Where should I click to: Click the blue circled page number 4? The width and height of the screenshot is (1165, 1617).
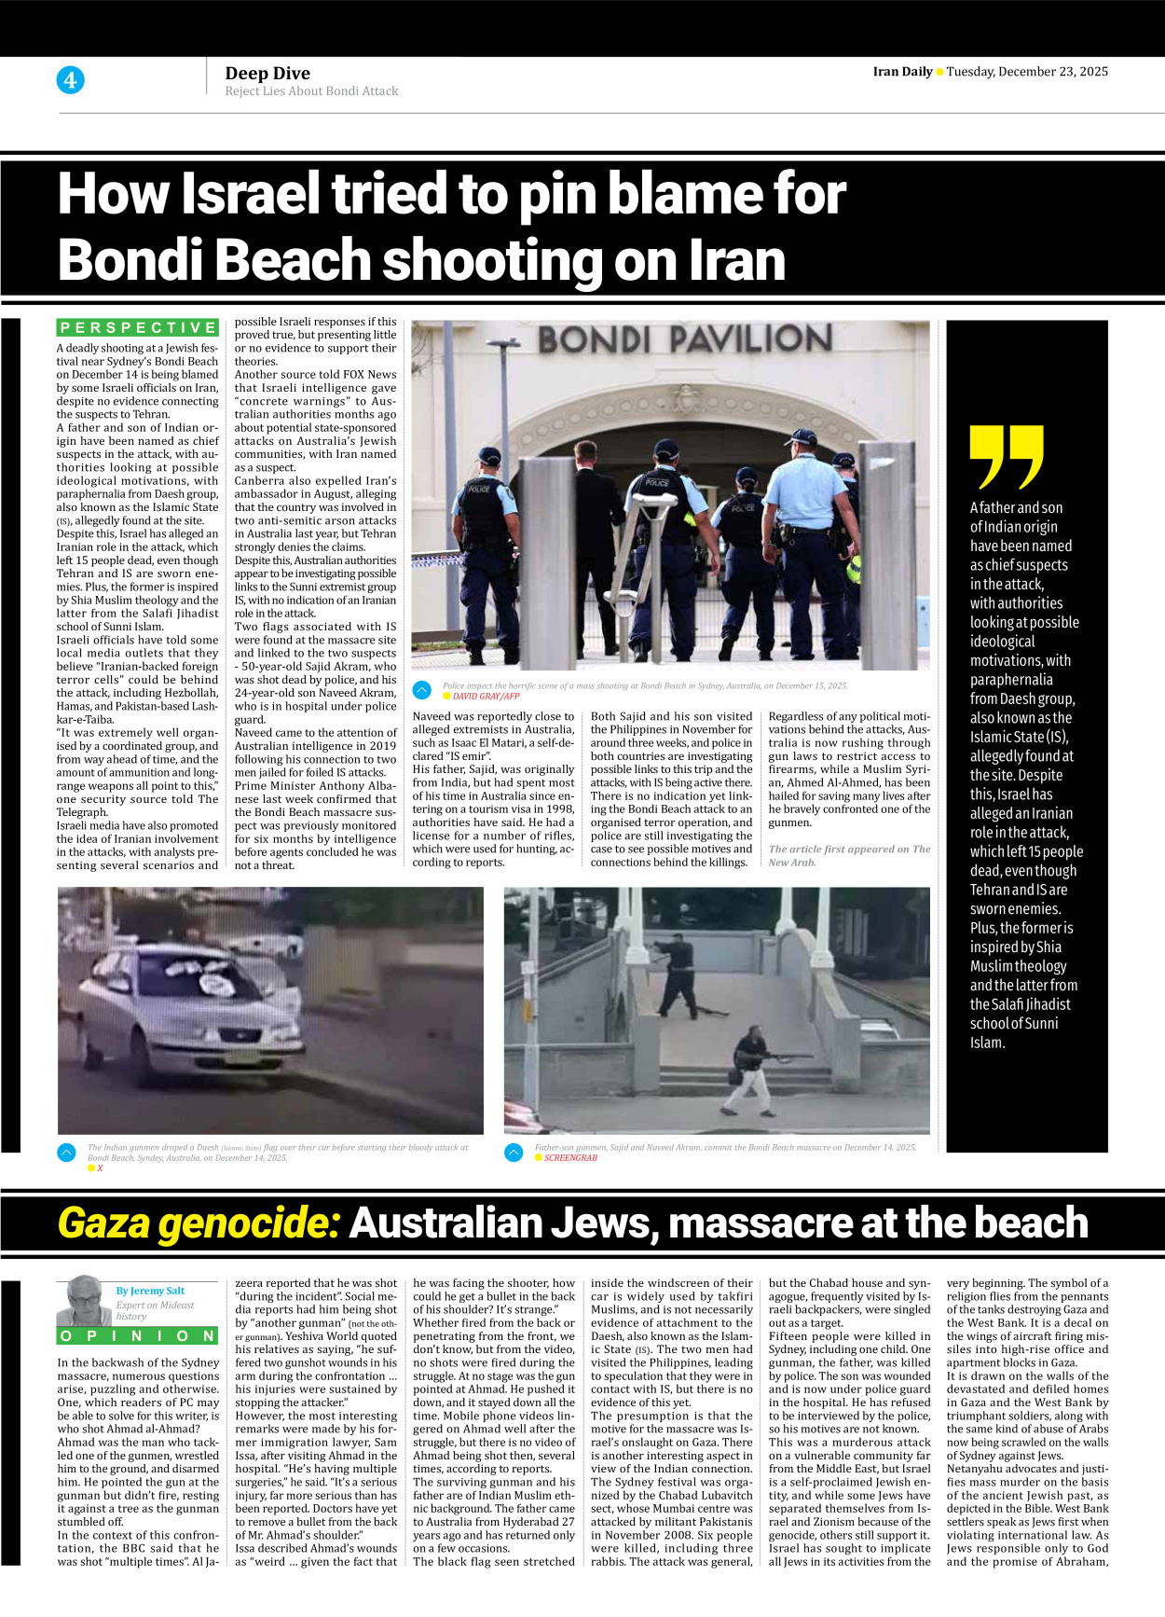(70, 80)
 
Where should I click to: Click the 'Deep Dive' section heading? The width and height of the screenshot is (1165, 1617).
(267, 73)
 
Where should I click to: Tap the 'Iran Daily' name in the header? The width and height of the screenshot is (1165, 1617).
(902, 72)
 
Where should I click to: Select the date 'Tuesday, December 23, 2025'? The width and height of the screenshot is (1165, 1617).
(1027, 72)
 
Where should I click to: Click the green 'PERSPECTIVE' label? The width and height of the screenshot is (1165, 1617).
(138, 327)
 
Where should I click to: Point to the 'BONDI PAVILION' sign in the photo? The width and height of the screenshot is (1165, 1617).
(685, 340)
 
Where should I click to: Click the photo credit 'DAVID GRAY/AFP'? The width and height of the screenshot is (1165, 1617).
(486, 697)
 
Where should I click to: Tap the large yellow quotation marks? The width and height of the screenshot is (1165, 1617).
(1006, 457)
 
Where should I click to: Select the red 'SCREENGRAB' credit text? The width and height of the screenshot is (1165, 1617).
(570, 1158)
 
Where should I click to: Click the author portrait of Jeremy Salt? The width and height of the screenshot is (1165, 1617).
(85, 1300)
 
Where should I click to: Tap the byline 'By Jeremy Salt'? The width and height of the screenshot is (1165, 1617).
(150, 1291)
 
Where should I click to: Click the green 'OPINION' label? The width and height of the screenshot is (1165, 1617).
(138, 1335)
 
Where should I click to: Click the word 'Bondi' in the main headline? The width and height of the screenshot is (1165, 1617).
(138, 259)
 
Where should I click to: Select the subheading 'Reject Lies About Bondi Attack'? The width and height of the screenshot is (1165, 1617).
(311, 91)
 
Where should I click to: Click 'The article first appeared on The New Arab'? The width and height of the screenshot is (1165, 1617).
(849, 855)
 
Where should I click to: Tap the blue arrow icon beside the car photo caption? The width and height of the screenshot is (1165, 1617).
(67, 1153)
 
